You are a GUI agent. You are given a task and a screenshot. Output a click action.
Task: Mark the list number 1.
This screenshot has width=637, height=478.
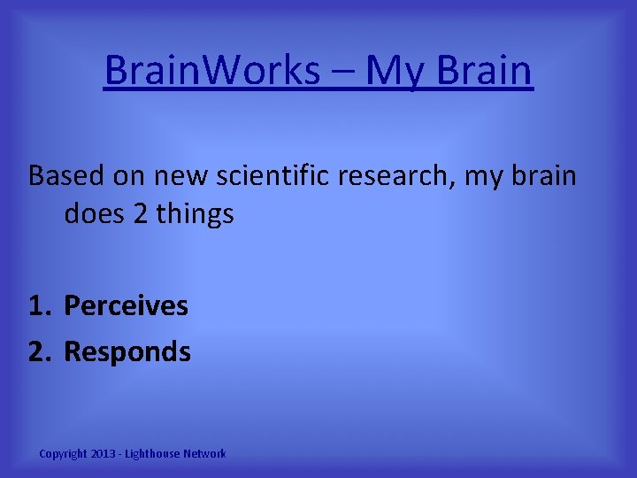(39, 306)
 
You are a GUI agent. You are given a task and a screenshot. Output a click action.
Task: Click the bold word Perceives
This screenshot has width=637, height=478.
(127, 306)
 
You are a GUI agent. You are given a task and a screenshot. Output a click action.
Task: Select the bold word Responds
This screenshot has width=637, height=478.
(127, 352)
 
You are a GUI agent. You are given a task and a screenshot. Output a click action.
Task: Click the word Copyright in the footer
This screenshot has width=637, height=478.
(63, 454)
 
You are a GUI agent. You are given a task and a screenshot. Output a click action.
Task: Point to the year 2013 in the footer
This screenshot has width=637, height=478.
(104, 454)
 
